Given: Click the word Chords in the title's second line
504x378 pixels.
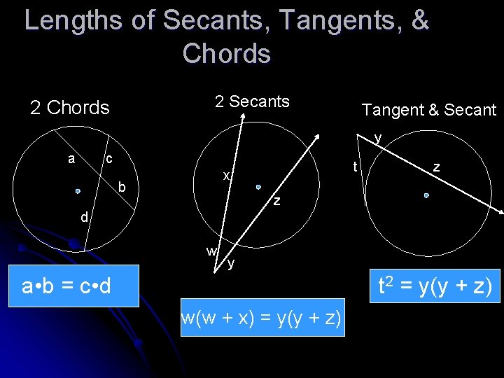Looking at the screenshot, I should (x=226, y=53).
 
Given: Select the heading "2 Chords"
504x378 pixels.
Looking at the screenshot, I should (x=70, y=107).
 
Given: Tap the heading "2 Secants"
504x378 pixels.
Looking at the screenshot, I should (x=252, y=101).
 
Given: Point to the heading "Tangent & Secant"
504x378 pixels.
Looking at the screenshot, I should (x=428, y=109).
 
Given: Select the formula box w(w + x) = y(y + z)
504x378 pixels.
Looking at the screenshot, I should (x=262, y=318).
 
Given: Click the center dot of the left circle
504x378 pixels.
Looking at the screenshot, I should (x=78, y=190).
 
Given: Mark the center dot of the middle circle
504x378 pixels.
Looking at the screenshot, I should (x=258, y=187).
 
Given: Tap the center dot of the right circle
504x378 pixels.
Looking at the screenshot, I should (x=426, y=197).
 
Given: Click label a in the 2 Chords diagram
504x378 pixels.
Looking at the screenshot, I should (x=71, y=159).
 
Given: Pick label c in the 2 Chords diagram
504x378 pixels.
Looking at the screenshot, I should (x=108, y=159).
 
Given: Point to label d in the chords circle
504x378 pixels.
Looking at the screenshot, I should (x=84, y=218).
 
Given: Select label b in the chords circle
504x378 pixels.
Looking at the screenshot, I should (x=122, y=187).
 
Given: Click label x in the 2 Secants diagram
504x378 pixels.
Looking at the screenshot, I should (x=226, y=175).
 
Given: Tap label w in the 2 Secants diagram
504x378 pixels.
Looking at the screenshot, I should (x=211, y=251).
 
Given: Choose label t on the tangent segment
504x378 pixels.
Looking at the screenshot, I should (x=356, y=167).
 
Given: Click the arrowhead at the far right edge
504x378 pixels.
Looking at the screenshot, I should (x=500, y=212).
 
